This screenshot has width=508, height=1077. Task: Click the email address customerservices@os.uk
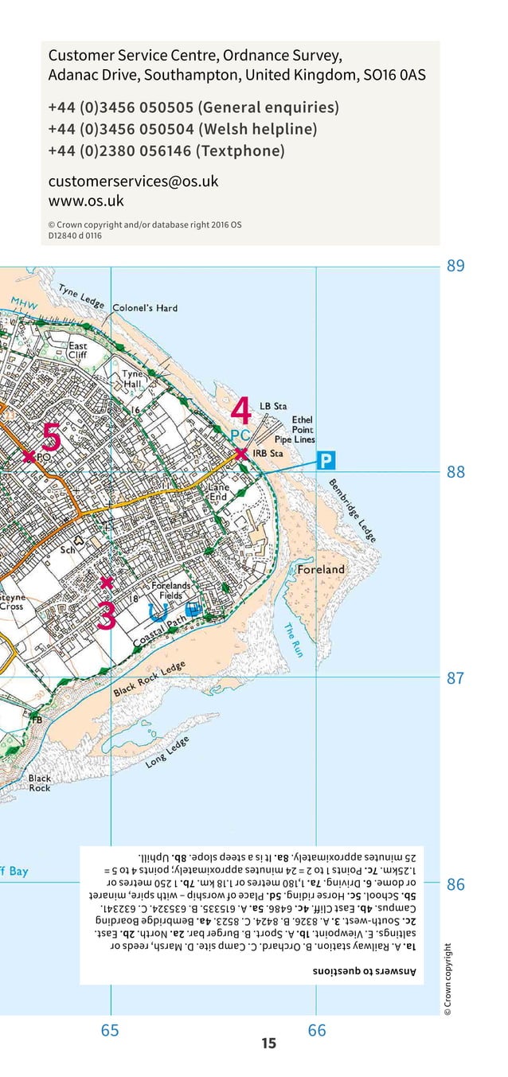click(x=133, y=181)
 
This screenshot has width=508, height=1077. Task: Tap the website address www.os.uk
click(x=86, y=201)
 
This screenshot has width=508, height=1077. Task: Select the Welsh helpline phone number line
click(x=182, y=129)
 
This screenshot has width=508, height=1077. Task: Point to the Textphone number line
click(x=166, y=151)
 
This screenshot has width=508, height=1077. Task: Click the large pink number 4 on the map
click(x=241, y=412)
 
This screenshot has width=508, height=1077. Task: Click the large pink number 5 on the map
click(x=50, y=437)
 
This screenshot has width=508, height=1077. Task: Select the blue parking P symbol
click(x=326, y=460)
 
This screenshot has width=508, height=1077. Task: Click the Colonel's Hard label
click(x=145, y=308)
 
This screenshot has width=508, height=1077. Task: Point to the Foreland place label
click(x=321, y=569)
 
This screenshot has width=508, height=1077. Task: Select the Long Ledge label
click(x=168, y=752)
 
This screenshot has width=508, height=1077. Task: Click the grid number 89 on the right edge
click(x=455, y=266)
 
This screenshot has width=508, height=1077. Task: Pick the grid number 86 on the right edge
click(x=455, y=884)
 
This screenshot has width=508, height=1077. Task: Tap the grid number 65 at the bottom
click(x=110, y=1031)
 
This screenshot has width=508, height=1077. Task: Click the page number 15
click(x=268, y=1043)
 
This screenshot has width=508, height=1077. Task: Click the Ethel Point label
click(x=303, y=424)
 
